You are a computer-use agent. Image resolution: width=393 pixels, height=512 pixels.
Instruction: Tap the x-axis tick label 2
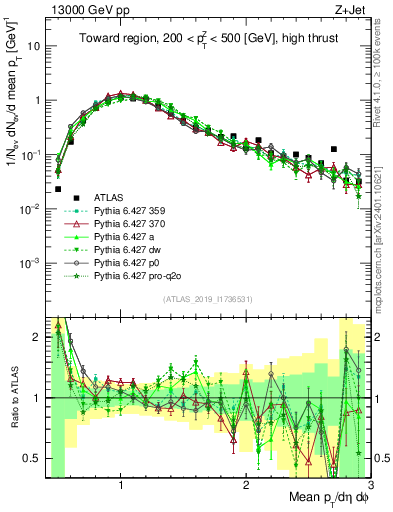click(246, 487)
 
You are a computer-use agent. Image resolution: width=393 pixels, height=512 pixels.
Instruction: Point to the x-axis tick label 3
click(370, 487)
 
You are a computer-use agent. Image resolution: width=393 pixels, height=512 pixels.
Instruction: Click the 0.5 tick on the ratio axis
click(30, 458)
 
